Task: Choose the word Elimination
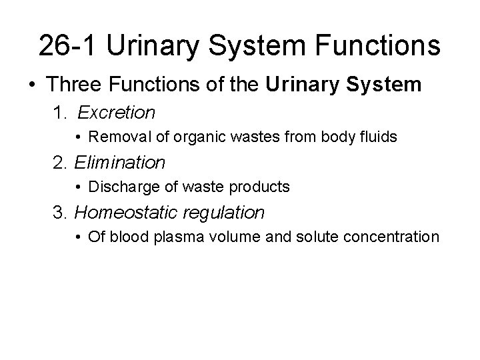pyautogui.click(x=120, y=162)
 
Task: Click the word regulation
pyautogui.click(x=227, y=213)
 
